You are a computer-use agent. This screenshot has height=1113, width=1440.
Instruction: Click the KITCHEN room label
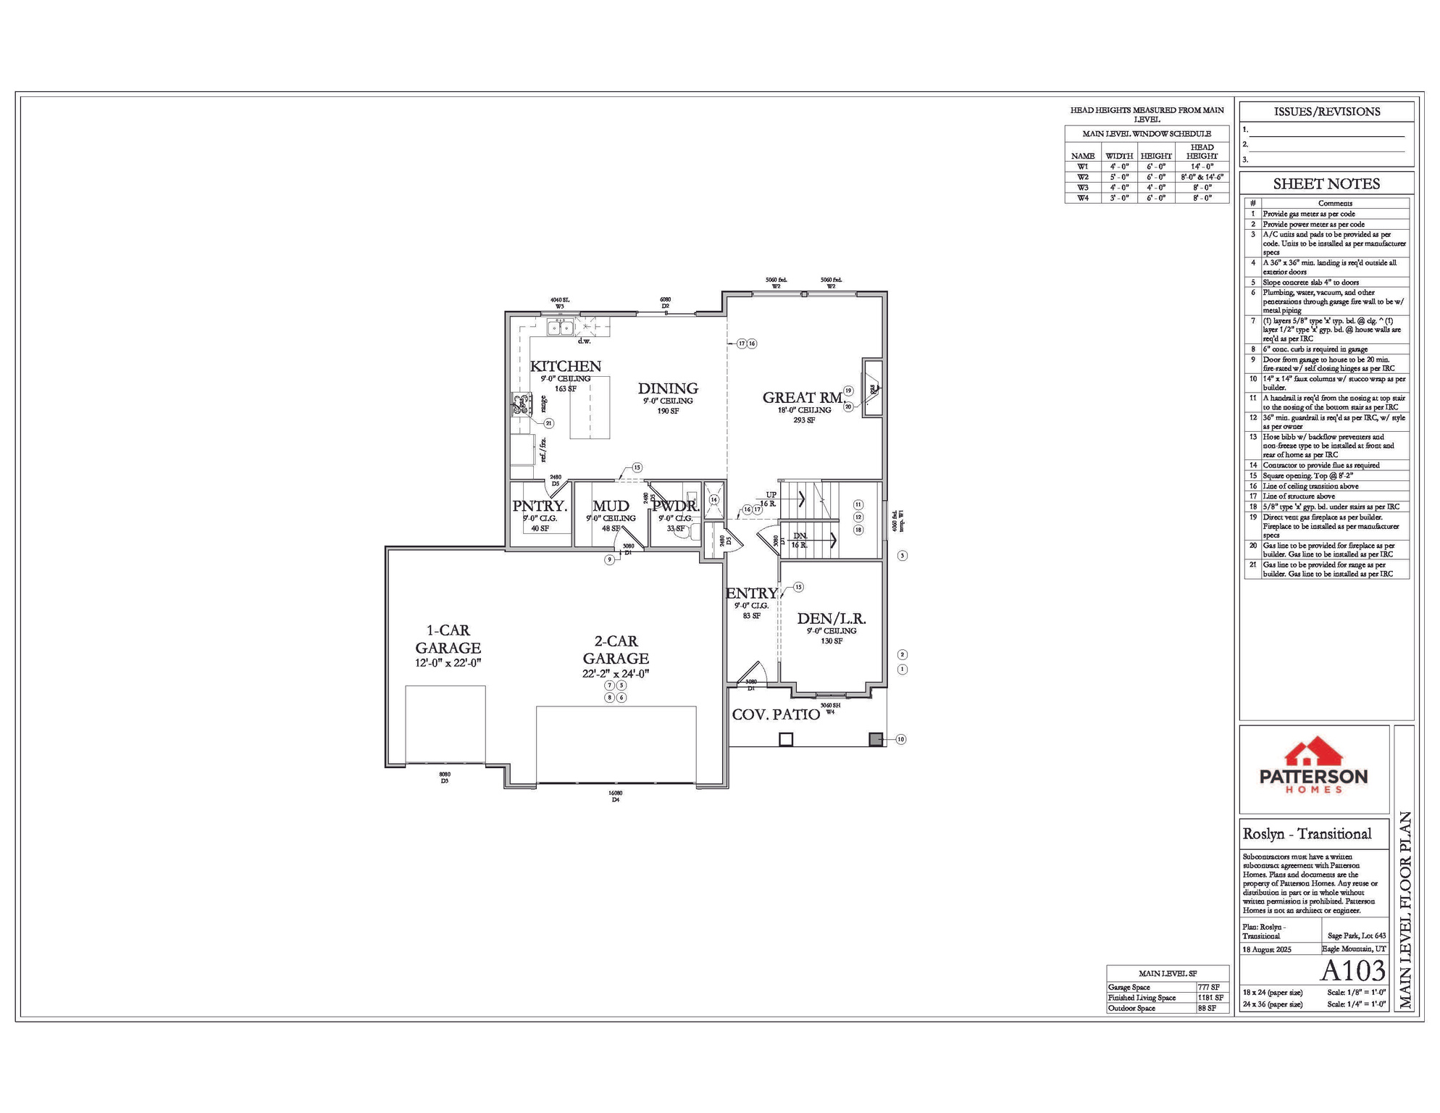tap(565, 367)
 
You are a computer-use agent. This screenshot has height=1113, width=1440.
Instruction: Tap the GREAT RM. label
tap(803, 398)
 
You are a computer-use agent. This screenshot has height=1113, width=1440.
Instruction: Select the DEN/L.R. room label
tap(832, 619)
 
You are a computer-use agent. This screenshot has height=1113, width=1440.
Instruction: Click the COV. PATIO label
tap(776, 714)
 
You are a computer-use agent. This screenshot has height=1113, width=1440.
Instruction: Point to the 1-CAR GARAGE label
tap(448, 639)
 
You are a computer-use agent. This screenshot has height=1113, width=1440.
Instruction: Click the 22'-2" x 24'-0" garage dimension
tap(616, 674)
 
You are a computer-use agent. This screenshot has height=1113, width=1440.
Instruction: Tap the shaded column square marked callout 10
tap(876, 740)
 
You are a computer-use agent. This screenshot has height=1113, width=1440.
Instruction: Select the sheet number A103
tap(1352, 970)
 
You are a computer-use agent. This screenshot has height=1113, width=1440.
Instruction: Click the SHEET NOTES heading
tap(1326, 184)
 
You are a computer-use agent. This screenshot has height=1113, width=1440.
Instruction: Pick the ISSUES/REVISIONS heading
tap(1326, 112)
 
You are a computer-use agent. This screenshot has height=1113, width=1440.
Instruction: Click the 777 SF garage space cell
tap(1208, 988)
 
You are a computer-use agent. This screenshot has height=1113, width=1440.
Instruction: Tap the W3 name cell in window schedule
tap(1082, 188)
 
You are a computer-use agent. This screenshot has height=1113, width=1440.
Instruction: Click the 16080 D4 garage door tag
tap(615, 796)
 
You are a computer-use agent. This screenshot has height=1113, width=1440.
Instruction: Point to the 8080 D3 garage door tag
tap(445, 778)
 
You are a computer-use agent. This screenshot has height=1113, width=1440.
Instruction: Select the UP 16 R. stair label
tap(769, 499)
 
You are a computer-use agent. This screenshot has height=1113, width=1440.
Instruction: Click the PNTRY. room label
tap(540, 507)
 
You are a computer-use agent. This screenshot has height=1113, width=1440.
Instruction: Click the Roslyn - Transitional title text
tap(1307, 834)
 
